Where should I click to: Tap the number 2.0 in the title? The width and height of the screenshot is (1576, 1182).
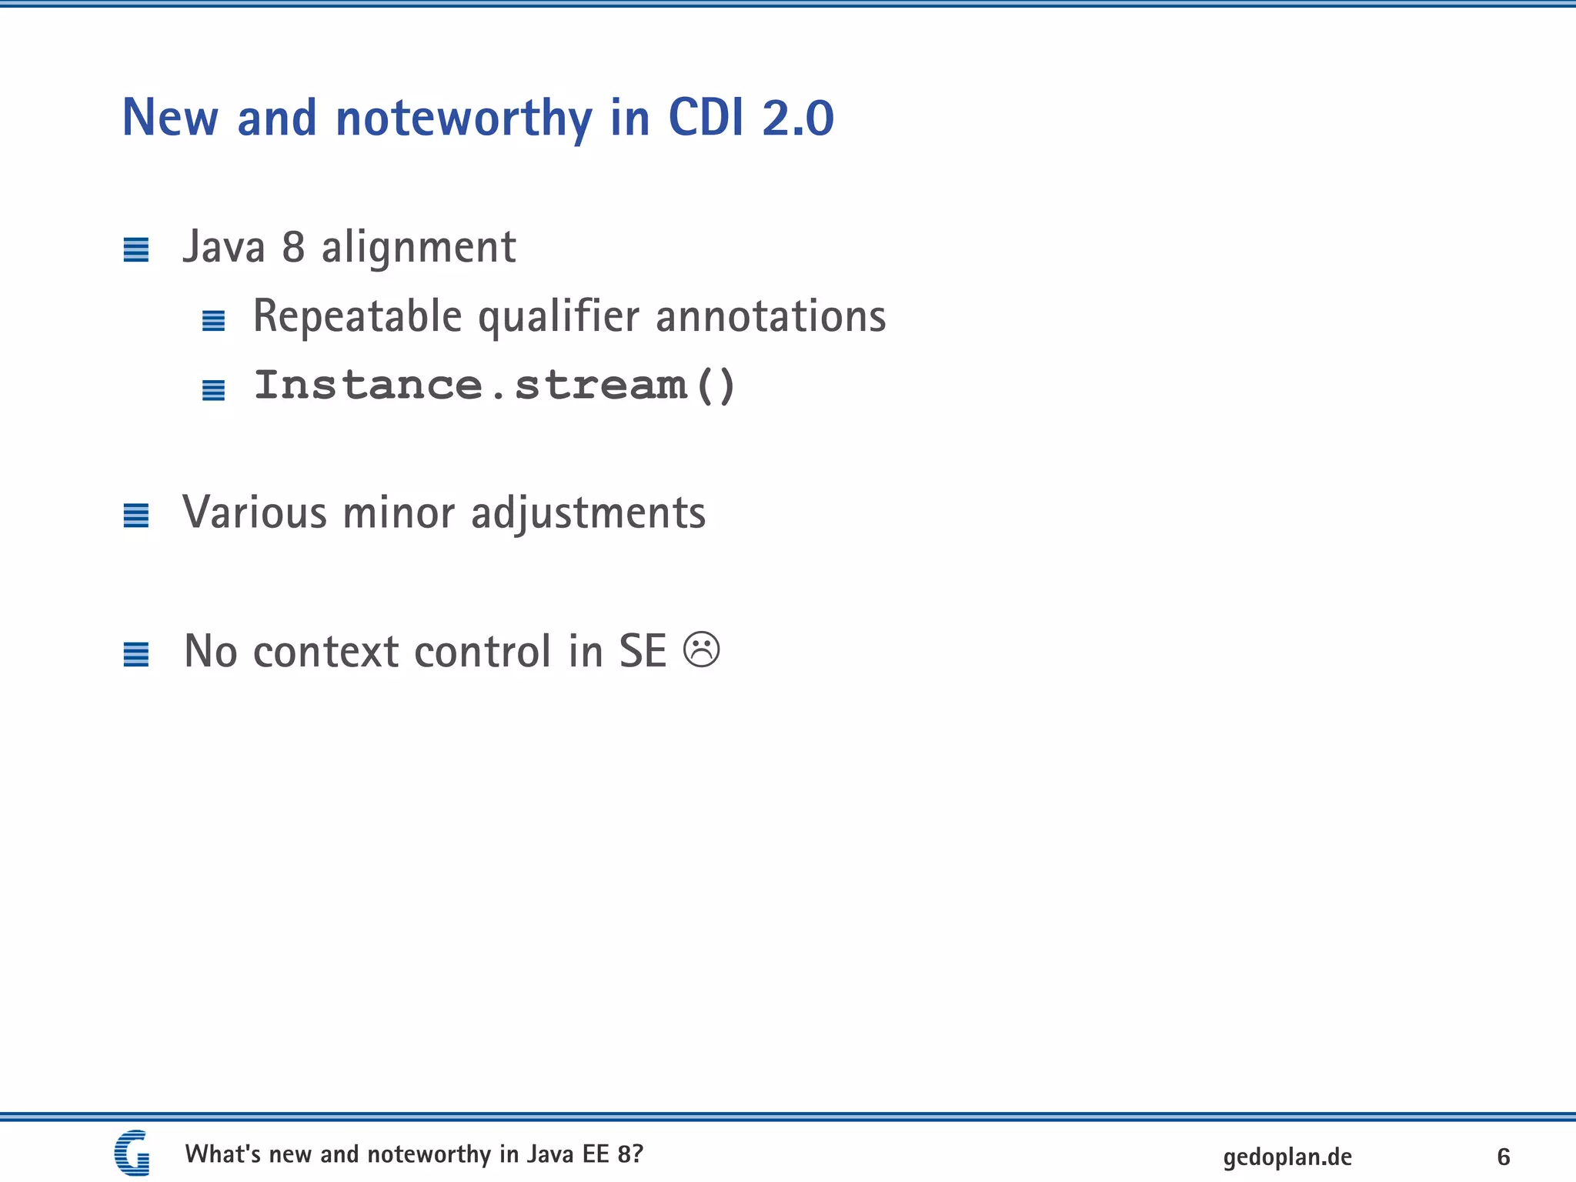(x=797, y=119)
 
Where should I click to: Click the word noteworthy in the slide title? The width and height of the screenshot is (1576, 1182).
(x=463, y=119)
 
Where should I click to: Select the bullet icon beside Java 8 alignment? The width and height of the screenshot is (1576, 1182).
(x=136, y=250)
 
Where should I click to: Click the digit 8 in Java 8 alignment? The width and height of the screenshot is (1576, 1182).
(x=293, y=248)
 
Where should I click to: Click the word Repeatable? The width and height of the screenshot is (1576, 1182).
(x=357, y=317)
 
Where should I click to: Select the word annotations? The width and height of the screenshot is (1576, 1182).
(x=770, y=317)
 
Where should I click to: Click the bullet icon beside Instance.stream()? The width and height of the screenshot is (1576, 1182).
(x=213, y=390)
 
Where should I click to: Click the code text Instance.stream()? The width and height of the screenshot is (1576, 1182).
(x=495, y=385)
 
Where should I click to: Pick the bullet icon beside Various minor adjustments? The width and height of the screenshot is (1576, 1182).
(x=136, y=516)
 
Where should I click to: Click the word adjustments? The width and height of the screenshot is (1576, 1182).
(x=588, y=513)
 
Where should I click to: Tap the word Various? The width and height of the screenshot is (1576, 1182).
(x=255, y=513)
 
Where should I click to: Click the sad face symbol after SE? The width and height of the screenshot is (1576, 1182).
(x=701, y=650)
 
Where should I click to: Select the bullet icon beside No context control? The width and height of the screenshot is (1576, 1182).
(x=136, y=655)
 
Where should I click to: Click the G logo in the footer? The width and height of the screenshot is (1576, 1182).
(x=132, y=1153)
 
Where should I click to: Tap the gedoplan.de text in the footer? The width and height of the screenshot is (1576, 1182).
(x=1287, y=1157)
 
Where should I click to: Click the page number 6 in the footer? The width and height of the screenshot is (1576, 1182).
(x=1503, y=1157)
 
